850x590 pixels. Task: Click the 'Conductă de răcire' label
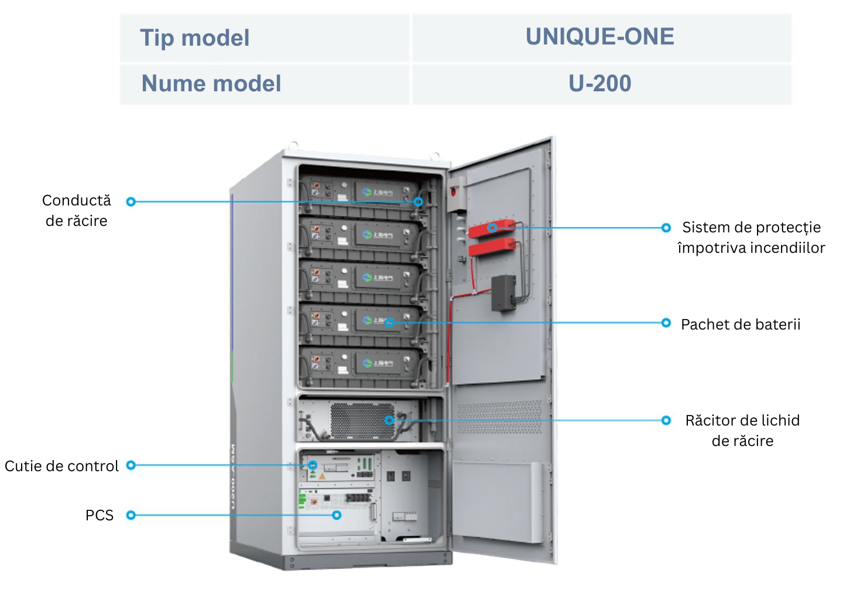[77, 211]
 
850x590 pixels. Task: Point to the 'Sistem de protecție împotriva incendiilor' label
[751, 238]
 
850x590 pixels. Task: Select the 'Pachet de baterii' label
[741, 325]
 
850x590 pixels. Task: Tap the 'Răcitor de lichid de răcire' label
[742, 431]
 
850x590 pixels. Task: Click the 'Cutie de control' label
[61, 466]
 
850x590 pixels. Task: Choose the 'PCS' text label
[100, 516]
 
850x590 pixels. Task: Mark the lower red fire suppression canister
[492, 248]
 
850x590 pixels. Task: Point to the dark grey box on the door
[503, 293]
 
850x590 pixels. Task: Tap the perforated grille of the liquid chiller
[362, 420]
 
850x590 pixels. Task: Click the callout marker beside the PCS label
[131, 516]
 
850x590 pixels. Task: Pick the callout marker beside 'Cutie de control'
[131, 465]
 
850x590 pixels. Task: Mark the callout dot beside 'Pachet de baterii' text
[666, 323]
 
